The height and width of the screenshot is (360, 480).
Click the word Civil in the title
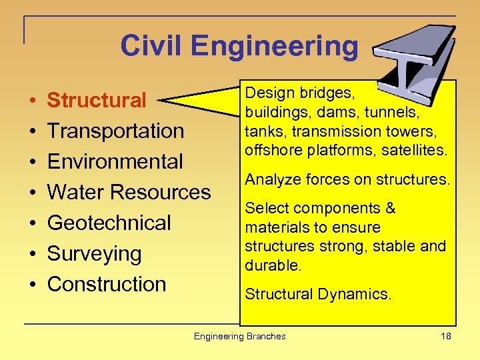(x=152, y=47)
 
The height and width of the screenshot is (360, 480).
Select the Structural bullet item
(x=97, y=101)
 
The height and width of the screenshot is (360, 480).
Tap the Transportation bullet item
(x=115, y=131)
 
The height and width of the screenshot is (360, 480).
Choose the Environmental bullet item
(x=115, y=161)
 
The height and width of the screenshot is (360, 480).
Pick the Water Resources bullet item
(x=129, y=192)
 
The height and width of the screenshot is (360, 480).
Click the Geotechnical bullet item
(x=109, y=223)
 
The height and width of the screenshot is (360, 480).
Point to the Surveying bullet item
(x=95, y=253)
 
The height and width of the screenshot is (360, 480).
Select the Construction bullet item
(x=107, y=284)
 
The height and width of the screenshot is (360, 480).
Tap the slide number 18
(x=446, y=336)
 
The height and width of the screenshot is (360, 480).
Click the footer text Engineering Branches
(x=239, y=336)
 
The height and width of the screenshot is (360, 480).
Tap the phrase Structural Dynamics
(x=318, y=293)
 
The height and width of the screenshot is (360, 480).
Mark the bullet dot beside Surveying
(x=33, y=254)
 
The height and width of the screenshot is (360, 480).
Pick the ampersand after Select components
(x=390, y=209)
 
